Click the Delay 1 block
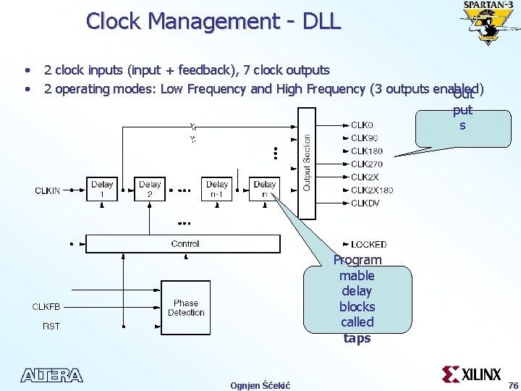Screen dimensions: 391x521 [x=102, y=189]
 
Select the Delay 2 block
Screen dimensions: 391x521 [x=150, y=189]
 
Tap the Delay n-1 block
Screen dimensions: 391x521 [x=217, y=189]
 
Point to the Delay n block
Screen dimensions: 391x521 [x=265, y=189]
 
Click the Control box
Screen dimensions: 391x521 [x=185, y=244]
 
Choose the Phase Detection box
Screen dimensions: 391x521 [x=186, y=308]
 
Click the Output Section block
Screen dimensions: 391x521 [x=307, y=162]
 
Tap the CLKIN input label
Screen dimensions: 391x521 [x=48, y=190]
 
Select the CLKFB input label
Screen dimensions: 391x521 [x=46, y=307]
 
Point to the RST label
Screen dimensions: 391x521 [x=51, y=327]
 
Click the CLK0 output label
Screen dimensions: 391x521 [x=362, y=125]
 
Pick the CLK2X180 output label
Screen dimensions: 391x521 [x=372, y=190]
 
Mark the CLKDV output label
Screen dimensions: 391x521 [x=365, y=203]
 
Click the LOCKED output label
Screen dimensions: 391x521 [x=368, y=245]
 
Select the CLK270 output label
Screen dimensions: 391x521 [x=367, y=164]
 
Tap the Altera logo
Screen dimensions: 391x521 [x=52, y=375]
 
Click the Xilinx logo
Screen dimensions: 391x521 [x=472, y=374]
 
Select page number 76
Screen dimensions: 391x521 [x=513, y=384]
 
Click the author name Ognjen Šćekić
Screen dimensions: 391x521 [x=260, y=385]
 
